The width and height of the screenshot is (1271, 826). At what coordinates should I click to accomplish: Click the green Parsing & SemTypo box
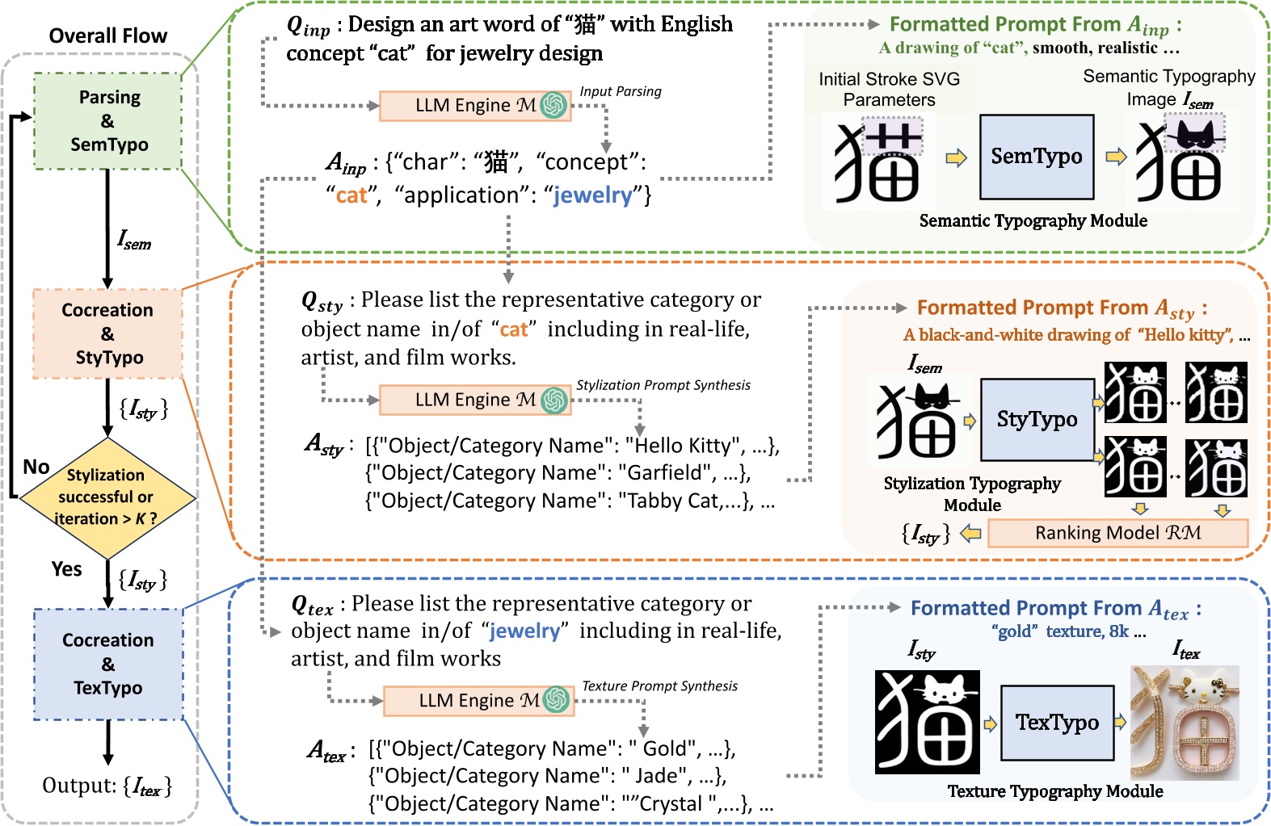107,121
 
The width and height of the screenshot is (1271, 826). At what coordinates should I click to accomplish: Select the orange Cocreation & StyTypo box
107,333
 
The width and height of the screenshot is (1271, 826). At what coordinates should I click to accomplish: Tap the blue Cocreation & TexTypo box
108,664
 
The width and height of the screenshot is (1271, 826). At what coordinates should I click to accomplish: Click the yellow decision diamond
107,497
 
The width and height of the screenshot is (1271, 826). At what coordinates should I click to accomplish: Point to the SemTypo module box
1037,157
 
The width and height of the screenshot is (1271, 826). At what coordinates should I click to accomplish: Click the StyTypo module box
1037,419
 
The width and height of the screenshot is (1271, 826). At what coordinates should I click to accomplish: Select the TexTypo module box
1057,722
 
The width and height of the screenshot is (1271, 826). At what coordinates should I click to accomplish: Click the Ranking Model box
1117,533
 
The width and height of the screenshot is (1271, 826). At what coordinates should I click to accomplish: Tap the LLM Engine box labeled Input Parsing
475,106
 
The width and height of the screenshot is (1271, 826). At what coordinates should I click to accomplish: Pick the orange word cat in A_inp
351,195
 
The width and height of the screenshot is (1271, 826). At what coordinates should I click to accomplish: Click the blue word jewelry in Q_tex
524,631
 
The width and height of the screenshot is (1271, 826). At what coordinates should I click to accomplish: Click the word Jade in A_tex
656,776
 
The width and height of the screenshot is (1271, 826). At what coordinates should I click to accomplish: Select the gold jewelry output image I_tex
1185,722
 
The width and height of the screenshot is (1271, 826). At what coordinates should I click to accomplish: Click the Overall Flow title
107,36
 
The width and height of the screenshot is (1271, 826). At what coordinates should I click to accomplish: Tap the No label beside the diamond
36,467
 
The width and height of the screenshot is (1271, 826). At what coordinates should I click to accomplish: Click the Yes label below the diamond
66,569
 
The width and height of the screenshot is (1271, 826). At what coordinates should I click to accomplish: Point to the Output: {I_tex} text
107,786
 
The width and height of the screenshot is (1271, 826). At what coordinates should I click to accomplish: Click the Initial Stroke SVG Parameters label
889,90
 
